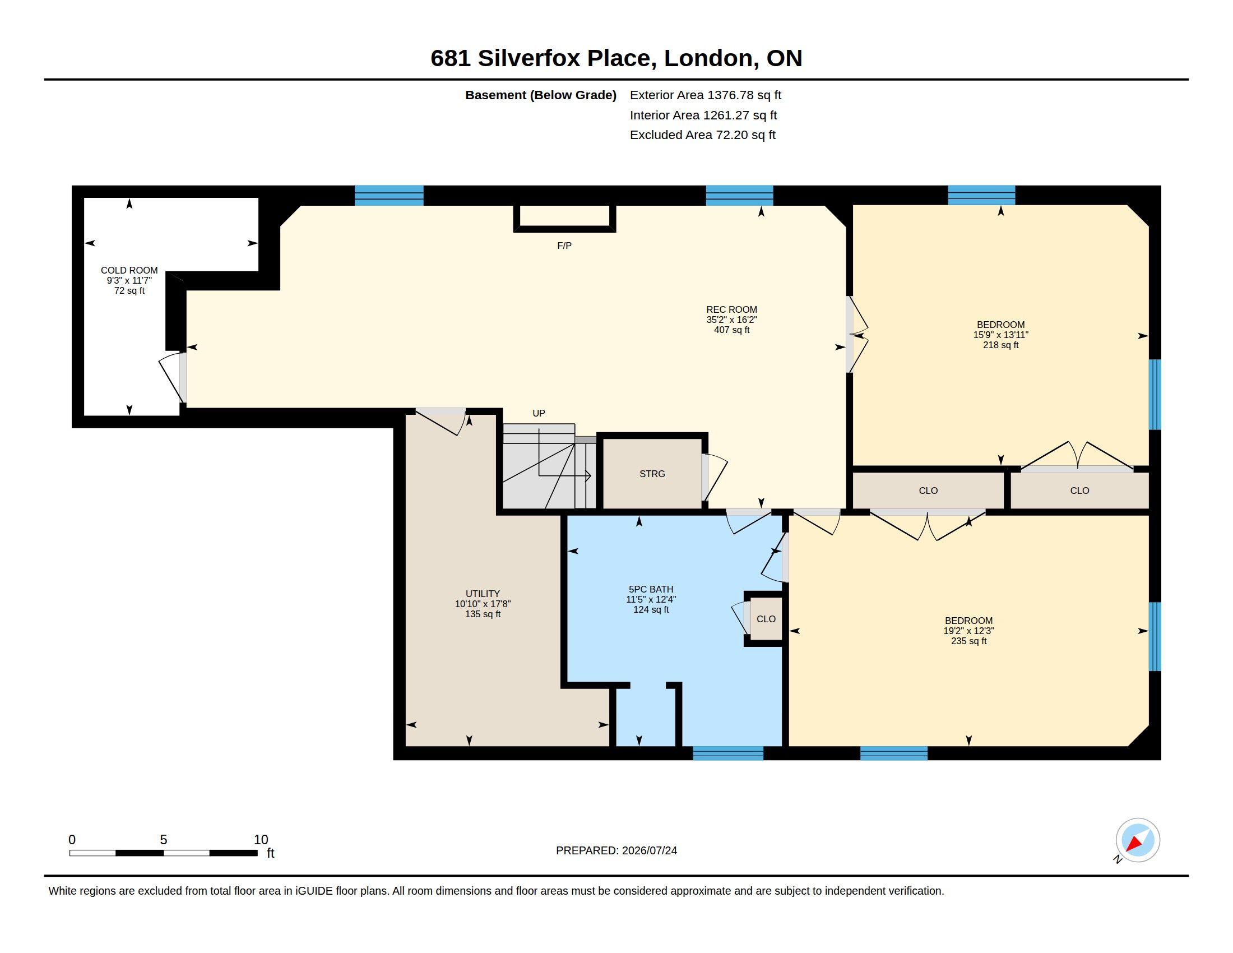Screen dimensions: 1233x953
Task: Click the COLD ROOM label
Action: click(x=129, y=270)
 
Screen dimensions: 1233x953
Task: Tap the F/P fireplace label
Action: click(x=564, y=246)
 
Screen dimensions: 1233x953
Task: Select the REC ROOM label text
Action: click(x=731, y=309)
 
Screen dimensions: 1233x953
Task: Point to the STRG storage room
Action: click(x=652, y=474)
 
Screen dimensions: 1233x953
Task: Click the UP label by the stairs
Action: click(x=539, y=413)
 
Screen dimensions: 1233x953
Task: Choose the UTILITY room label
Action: click(x=483, y=594)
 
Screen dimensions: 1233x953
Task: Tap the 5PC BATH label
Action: click(x=651, y=589)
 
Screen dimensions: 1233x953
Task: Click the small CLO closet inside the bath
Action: click(x=766, y=619)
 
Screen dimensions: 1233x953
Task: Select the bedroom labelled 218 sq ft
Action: click(x=1000, y=335)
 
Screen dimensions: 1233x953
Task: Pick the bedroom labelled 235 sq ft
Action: click(x=969, y=631)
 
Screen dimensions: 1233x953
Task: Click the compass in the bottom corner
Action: click(x=1138, y=840)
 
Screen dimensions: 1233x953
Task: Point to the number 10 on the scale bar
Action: click(x=261, y=840)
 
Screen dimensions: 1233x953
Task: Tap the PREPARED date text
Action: click(x=616, y=850)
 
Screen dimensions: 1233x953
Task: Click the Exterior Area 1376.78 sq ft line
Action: click(x=705, y=95)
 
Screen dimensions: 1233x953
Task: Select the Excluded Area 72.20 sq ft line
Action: click(x=702, y=135)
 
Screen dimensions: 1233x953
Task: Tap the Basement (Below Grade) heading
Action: click(x=541, y=95)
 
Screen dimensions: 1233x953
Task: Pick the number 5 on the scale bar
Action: click(x=164, y=840)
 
